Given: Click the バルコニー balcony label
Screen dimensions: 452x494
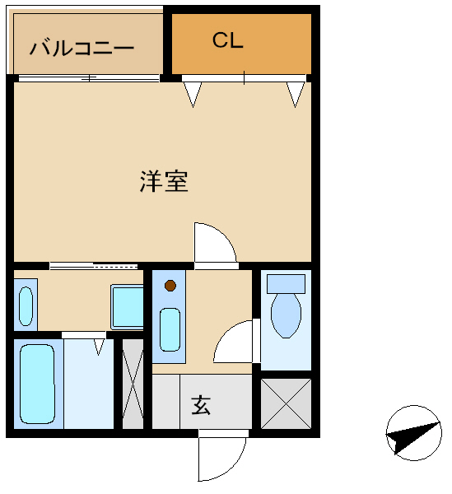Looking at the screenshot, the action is point(82,48).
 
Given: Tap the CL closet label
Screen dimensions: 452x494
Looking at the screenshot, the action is point(228,40).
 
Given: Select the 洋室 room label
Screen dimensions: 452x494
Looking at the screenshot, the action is point(164,181).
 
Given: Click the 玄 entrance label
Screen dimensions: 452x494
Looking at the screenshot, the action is point(201,406).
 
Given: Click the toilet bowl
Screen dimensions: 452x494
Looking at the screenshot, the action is point(286,315).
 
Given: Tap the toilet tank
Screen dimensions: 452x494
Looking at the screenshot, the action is point(286,284).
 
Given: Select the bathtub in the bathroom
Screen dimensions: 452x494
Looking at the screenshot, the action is point(37,384).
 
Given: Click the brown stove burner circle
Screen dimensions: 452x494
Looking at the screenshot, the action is point(170,286).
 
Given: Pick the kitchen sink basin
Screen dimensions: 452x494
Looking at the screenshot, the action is point(170,329).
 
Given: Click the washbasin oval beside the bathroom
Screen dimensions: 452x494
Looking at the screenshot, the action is point(26,306).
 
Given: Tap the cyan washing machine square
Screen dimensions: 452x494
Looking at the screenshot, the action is point(127,307).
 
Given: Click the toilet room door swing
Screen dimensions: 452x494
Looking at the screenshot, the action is point(233,342).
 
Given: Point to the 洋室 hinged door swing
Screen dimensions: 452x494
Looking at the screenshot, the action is point(215,243).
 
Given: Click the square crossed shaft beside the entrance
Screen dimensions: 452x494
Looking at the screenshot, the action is point(286,403).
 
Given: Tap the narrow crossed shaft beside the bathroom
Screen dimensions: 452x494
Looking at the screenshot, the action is point(133,384).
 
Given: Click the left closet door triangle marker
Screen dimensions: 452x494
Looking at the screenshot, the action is point(193,95).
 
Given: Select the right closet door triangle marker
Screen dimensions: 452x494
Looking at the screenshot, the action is point(296,95).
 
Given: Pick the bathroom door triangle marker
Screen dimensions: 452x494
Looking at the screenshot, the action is point(99,347).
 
